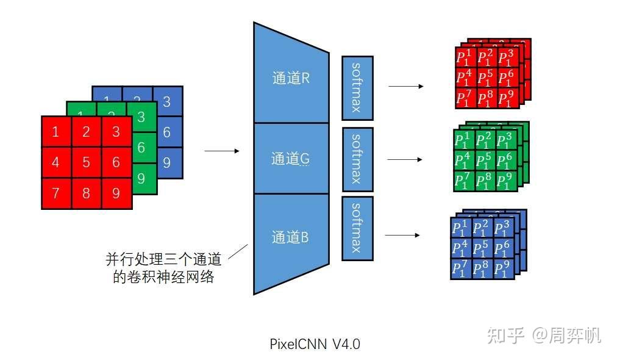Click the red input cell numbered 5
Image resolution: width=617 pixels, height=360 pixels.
pos(87,162)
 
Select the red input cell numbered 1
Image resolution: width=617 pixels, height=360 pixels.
pos(56,131)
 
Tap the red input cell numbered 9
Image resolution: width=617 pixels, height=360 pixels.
pos(116,193)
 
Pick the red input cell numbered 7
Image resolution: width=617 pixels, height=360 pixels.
pos(56,193)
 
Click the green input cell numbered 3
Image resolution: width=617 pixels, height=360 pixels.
pos(141,117)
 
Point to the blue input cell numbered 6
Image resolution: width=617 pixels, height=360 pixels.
pos(167,132)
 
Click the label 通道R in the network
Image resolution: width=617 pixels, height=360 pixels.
pos(291,78)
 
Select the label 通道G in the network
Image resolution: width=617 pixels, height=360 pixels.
pos(291,159)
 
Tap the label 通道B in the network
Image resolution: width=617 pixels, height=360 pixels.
pos(291,237)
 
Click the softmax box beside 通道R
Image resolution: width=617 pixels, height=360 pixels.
pos(357,88)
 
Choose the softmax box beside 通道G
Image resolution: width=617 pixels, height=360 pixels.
pos(357,159)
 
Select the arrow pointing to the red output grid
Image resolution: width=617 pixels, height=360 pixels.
pos(405,87)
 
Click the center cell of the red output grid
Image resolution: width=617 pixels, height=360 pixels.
pos(487,77)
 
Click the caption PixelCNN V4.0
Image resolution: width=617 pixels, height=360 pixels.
pos(315,344)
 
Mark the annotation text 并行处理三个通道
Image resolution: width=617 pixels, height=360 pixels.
pos(162,259)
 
